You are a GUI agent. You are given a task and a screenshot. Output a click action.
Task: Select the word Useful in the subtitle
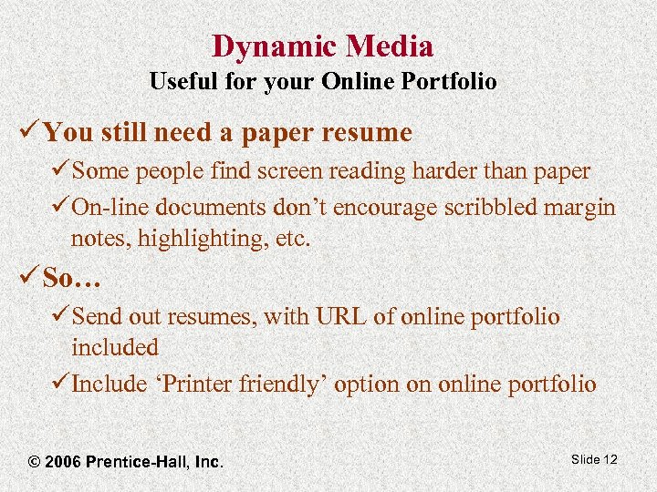[x=182, y=82]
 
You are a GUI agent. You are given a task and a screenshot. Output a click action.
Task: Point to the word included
[x=115, y=347]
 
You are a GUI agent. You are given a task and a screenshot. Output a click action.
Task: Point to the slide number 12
[x=610, y=459]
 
